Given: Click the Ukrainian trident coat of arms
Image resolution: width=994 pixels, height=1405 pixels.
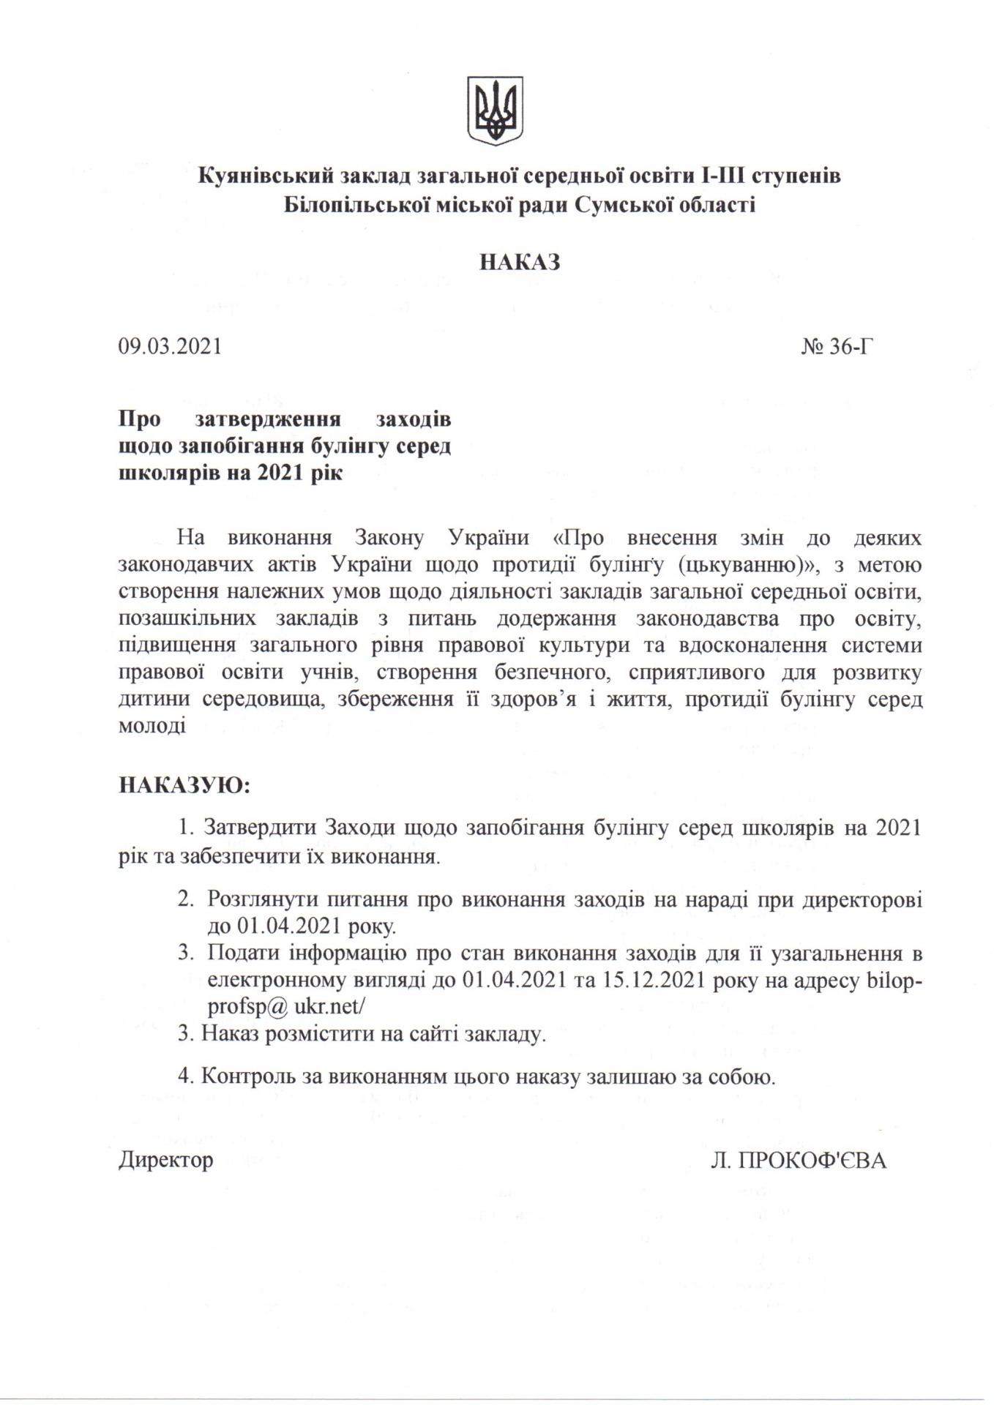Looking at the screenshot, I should click(496, 110).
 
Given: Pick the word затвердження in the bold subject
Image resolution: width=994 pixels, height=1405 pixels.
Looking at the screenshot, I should click(269, 420).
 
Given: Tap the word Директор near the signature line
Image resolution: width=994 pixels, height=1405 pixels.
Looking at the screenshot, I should click(166, 1160).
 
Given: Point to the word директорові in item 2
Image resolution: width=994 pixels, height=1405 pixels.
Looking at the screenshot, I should click(862, 899).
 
